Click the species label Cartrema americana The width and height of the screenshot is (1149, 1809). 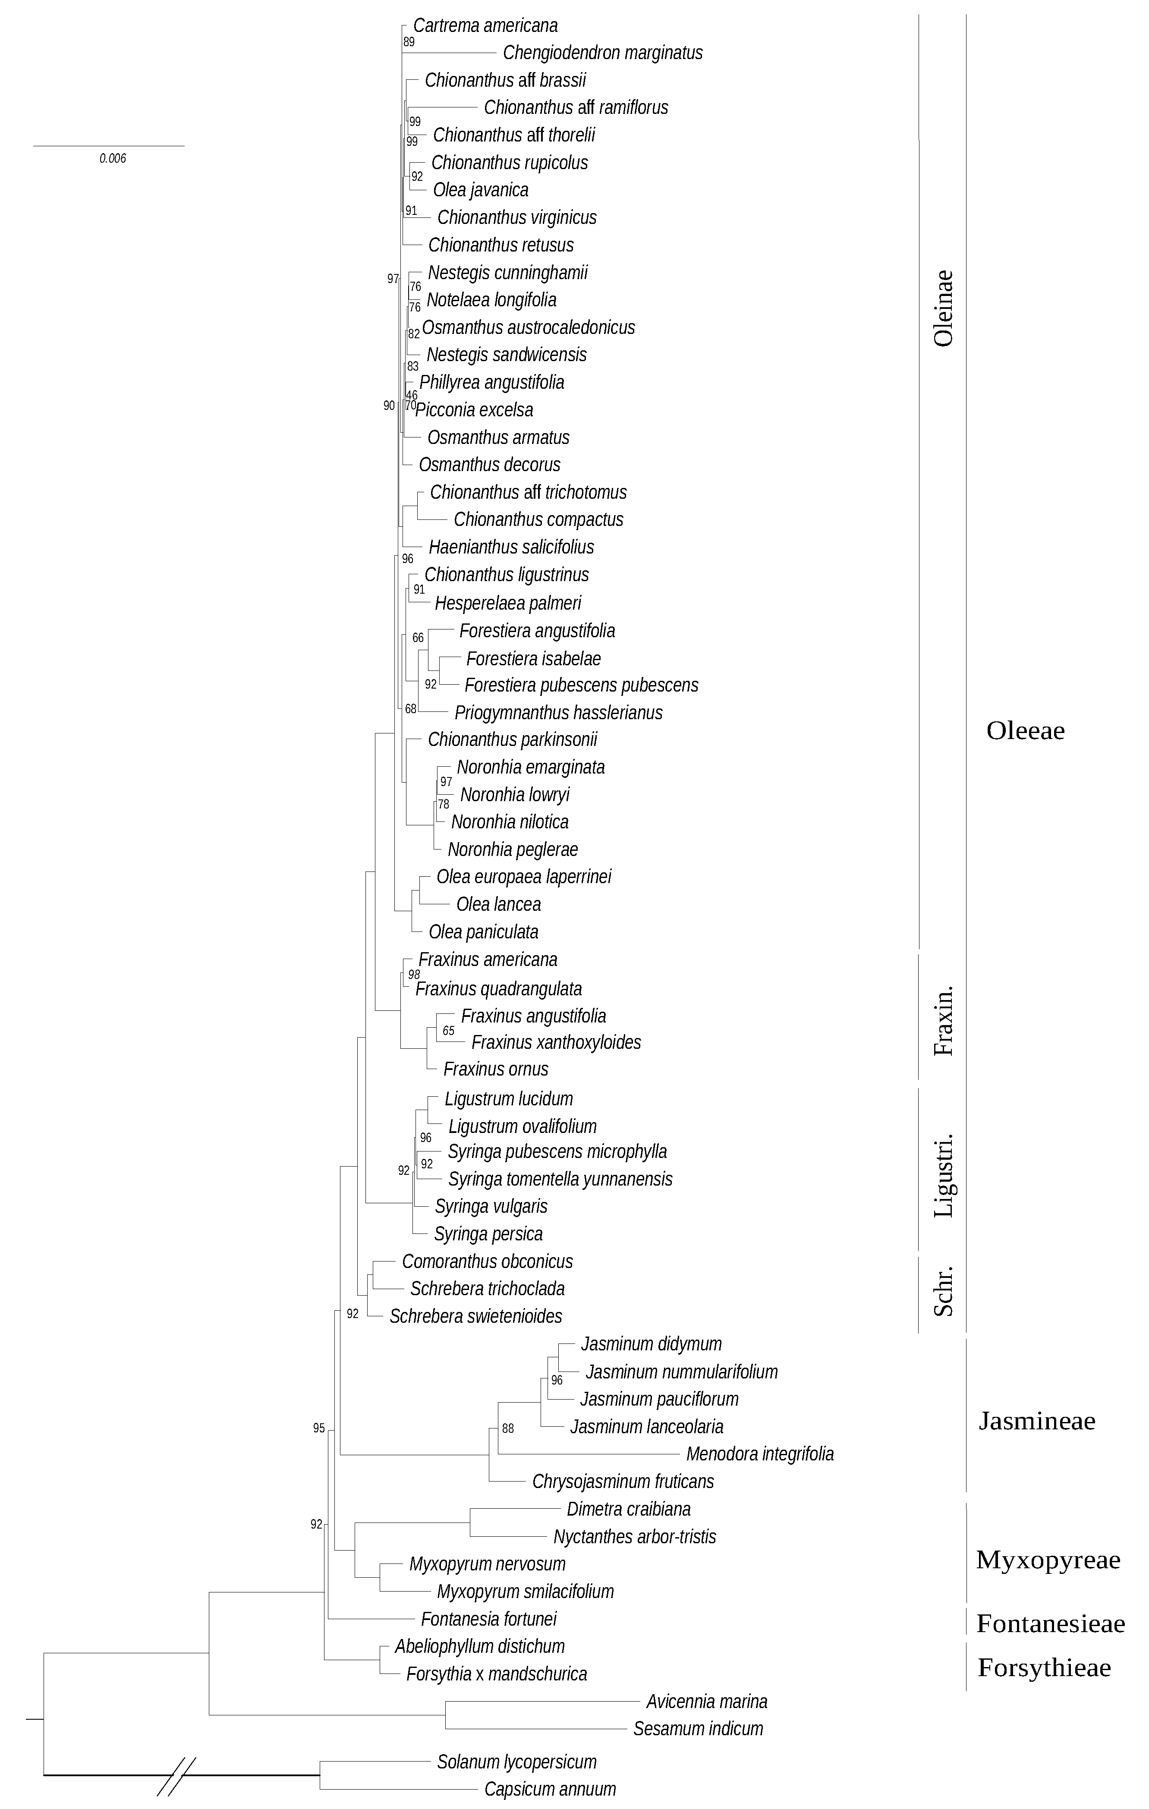pyautogui.click(x=485, y=25)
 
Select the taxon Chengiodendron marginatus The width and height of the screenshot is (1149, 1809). pyautogui.click(x=603, y=53)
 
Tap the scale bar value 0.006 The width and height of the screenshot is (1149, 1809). pyautogui.click(x=113, y=158)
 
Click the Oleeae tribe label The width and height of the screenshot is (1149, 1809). pyautogui.click(x=1025, y=730)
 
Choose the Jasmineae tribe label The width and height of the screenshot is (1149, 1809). pyautogui.click(x=1036, y=1421)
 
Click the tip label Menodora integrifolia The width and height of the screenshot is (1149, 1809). pyautogui.click(x=760, y=1453)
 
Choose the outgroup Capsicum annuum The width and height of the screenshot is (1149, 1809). pyautogui.click(x=550, y=1789)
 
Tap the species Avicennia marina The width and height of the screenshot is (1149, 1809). pyautogui.click(x=706, y=1701)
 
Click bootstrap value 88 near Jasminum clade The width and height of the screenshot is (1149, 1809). pyautogui.click(x=508, y=1428)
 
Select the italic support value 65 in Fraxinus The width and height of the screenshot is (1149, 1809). pyautogui.click(x=449, y=1031)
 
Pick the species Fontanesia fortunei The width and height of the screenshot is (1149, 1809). pyautogui.click(x=488, y=1618)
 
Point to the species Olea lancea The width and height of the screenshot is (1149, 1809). pyautogui.click(x=498, y=904)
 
